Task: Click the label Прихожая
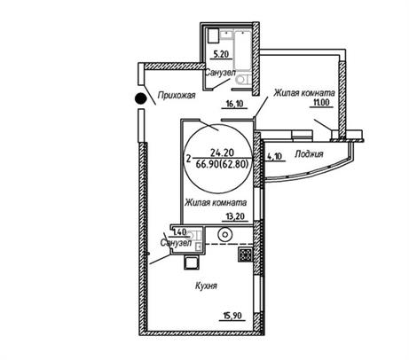[x=177, y=95]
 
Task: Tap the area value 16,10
[x=234, y=104]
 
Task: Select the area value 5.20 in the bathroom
[x=222, y=54]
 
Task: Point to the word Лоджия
[x=309, y=154]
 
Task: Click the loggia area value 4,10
[x=275, y=156]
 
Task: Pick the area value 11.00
[x=321, y=103]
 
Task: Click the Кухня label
[x=206, y=286]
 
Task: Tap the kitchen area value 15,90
[x=232, y=316]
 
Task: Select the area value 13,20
[x=235, y=216]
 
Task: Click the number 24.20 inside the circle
[x=222, y=153]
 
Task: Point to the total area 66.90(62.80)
[x=222, y=163]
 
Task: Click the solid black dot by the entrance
[x=140, y=98]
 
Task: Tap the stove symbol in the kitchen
[x=245, y=254]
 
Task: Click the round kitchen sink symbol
[x=225, y=235]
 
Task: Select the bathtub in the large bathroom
[x=242, y=50]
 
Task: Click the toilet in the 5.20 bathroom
[x=244, y=80]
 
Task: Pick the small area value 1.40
[x=180, y=232]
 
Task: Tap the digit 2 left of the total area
[x=189, y=159]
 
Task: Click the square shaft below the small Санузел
[x=192, y=262]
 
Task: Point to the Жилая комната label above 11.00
[x=304, y=92]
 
